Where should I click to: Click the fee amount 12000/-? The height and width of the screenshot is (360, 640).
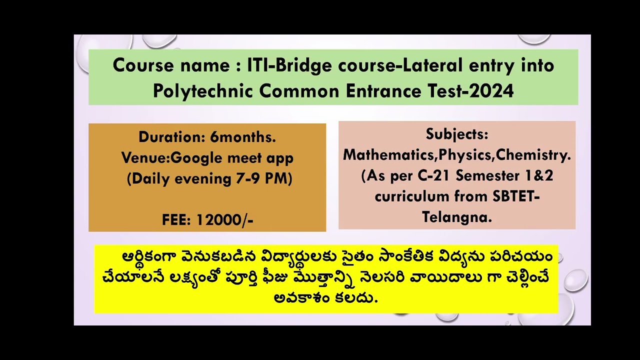pos(225,220)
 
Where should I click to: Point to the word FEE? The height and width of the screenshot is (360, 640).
pos(177,220)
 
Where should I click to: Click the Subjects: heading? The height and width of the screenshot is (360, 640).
pos(457,134)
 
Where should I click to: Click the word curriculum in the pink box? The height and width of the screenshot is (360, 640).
pos(412,196)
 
